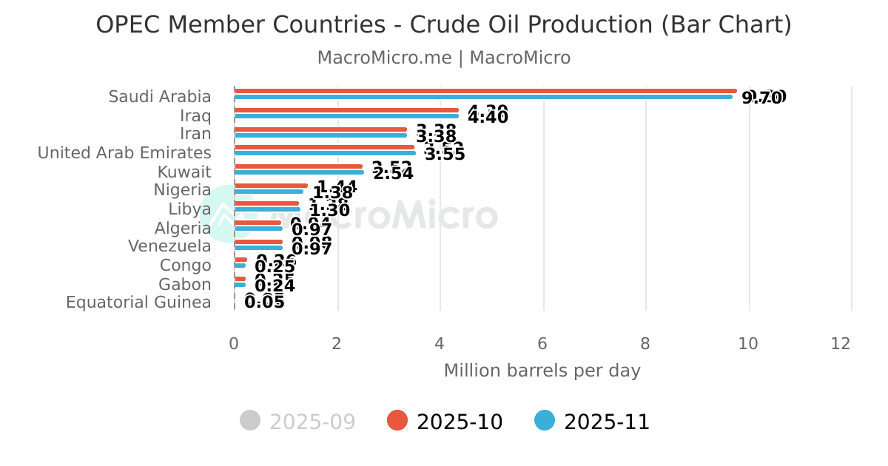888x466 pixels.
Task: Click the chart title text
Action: click(x=444, y=25)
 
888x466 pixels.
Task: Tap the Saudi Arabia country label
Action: click(x=160, y=97)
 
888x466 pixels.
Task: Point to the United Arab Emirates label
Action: click(x=124, y=153)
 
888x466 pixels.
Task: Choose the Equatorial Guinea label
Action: click(x=138, y=303)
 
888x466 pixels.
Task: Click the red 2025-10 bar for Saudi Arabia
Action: click(x=485, y=91)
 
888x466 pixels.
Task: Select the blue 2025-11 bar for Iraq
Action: click(x=346, y=116)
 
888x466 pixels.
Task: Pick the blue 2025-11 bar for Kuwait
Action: click(x=299, y=172)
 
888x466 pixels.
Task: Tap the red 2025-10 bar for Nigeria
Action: click(x=271, y=186)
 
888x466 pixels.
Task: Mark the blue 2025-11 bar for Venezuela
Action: click(x=258, y=248)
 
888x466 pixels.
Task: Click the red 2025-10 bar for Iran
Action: click(x=320, y=129)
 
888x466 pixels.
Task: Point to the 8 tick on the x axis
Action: click(x=645, y=344)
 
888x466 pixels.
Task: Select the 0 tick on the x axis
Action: click(x=234, y=344)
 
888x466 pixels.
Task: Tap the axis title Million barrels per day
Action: click(x=542, y=371)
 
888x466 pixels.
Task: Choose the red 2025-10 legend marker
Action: click(x=397, y=421)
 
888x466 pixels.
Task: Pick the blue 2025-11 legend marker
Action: click(x=545, y=421)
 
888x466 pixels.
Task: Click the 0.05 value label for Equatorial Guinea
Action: click(x=264, y=302)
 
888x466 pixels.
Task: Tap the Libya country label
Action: click(x=189, y=209)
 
